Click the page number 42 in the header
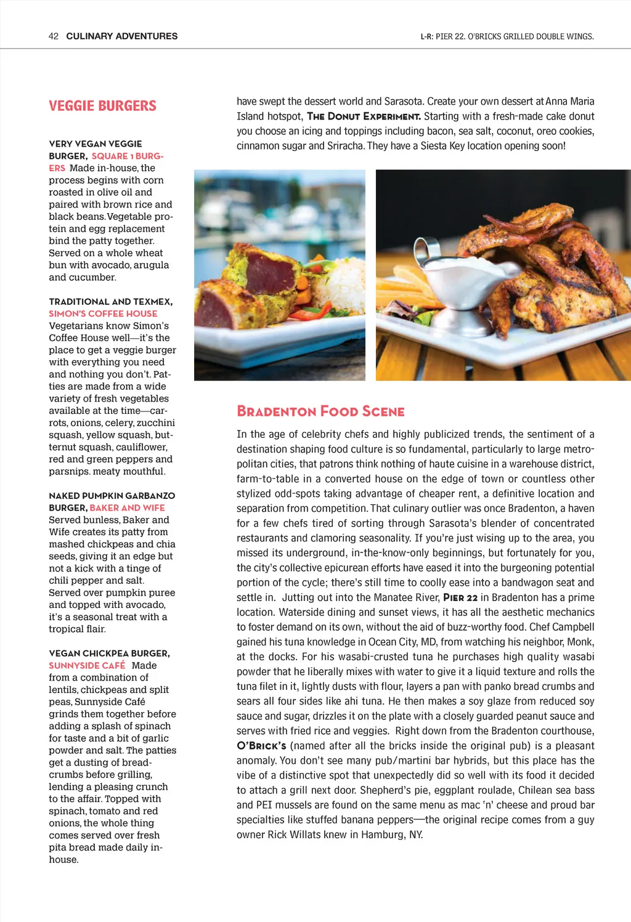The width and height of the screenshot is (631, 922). pos(54,36)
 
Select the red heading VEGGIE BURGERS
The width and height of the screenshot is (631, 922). pos(102,106)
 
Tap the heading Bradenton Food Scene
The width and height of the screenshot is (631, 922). pos(320,411)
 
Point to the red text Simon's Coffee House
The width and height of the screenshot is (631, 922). pos(103,313)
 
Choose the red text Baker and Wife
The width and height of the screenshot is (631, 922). pos(127,508)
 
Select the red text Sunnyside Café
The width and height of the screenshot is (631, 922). pos(87,665)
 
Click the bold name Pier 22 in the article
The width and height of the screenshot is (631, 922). pos(460,597)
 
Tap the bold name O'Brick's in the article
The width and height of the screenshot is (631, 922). pos(261,746)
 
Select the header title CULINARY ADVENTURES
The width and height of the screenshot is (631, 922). pos(122,36)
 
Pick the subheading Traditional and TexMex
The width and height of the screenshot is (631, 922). pos(111,302)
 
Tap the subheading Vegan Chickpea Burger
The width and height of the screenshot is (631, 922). pos(110,653)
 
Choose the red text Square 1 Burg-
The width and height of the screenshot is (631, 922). pos(127,156)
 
